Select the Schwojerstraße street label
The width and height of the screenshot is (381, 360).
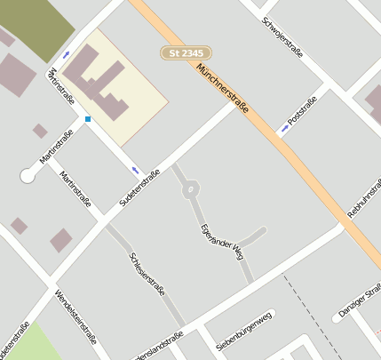tap(283, 36)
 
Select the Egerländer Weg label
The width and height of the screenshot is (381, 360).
tap(221, 241)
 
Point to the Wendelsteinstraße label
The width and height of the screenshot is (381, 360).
tap(75, 316)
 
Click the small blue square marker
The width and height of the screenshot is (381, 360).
tap(88, 118)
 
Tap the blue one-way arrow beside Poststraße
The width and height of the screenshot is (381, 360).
tap(284, 130)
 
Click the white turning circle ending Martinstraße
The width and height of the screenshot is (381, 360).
tap(28, 176)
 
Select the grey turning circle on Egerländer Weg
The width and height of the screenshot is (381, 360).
tap(190, 189)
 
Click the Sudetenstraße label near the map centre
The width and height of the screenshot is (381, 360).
tap(139, 189)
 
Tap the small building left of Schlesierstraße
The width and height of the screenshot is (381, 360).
tap(60, 239)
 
